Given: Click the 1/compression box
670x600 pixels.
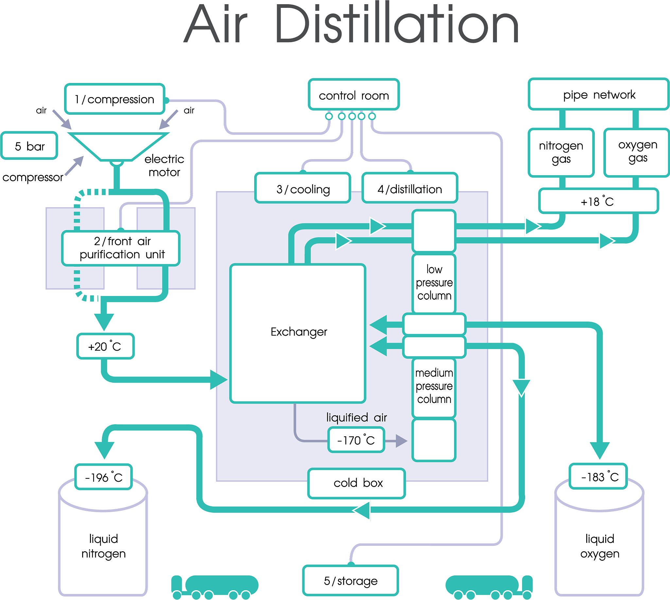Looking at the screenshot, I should point(115,99).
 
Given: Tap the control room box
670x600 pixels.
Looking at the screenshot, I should point(353,95).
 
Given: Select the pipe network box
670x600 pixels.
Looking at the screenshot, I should point(599,95).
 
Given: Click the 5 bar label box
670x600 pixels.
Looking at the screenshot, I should point(29,146).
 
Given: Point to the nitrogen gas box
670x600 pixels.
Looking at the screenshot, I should point(561,152).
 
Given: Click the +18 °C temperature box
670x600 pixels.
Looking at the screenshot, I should point(598,201).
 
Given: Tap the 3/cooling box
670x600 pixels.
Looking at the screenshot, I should point(303,189).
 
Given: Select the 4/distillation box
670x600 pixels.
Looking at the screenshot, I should point(410,189).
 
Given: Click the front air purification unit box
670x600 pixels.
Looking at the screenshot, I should point(121,248).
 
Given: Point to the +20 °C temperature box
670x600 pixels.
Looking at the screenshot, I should point(105,346).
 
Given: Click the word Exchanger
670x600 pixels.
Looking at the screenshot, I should point(299,332).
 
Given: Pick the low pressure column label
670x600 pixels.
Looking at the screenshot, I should point(434,283).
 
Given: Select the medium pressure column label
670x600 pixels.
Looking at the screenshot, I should point(434,386).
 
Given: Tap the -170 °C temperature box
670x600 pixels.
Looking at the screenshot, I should point(356,440).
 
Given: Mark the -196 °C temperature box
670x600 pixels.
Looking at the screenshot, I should point(104,477).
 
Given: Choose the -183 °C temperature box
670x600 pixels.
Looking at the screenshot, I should point(598,477).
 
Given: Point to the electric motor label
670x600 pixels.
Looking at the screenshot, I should point(164,165).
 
